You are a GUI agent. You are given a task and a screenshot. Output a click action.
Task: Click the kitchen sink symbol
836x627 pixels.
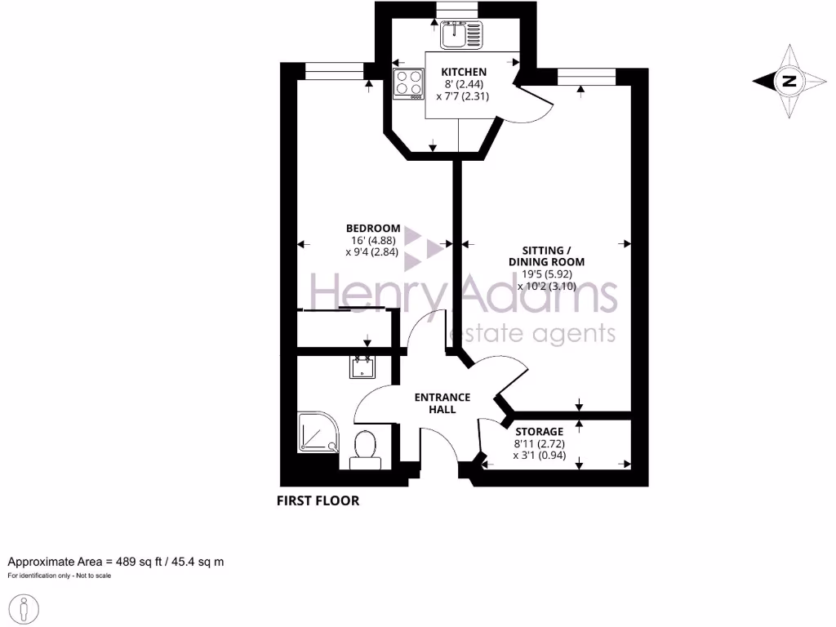(x=461, y=34)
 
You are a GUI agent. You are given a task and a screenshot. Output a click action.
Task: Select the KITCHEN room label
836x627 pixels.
(x=464, y=72)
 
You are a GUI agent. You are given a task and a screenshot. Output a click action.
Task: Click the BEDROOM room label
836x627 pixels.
(x=373, y=228)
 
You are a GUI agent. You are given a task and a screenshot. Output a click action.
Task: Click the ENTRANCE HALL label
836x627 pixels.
(x=442, y=403)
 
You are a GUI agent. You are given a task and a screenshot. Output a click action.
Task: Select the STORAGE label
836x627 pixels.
(x=539, y=431)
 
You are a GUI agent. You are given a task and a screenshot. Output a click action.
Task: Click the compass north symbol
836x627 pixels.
(x=789, y=81)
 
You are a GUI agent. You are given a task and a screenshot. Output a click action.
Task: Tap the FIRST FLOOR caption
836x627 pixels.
(x=318, y=500)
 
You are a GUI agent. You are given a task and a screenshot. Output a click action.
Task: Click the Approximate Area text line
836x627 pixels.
(x=116, y=562)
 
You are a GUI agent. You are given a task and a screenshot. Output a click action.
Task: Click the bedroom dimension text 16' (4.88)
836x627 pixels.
(x=373, y=241)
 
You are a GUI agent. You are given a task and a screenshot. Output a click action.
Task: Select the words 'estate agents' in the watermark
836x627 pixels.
(x=533, y=333)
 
